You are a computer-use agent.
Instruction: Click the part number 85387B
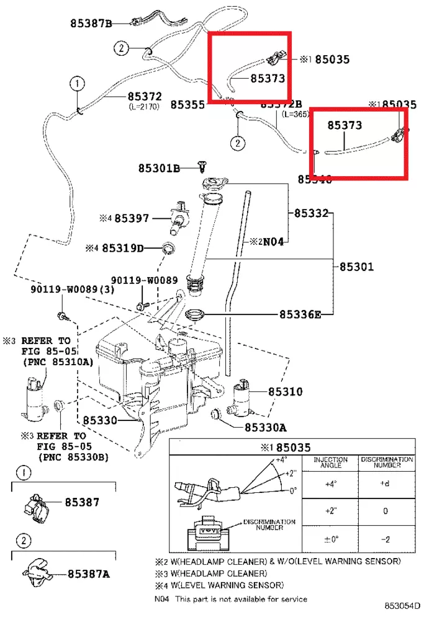[91, 24]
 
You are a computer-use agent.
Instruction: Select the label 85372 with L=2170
[145, 97]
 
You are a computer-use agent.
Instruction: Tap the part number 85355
[188, 105]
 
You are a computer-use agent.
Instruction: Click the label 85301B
[159, 168]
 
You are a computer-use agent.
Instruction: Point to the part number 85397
[132, 218]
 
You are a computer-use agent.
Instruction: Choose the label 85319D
[123, 249]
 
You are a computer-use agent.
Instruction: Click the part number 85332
[311, 213]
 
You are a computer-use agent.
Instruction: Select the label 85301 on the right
[356, 267]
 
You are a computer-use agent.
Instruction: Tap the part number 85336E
[300, 314]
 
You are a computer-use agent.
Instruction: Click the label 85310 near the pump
[286, 392]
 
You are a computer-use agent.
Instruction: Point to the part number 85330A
[265, 427]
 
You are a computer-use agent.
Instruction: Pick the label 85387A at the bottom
[89, 574]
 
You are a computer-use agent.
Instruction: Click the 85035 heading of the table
[294, 447]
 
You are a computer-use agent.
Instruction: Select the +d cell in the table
[385, 484]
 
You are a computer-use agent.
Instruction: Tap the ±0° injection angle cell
[330, 539]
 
